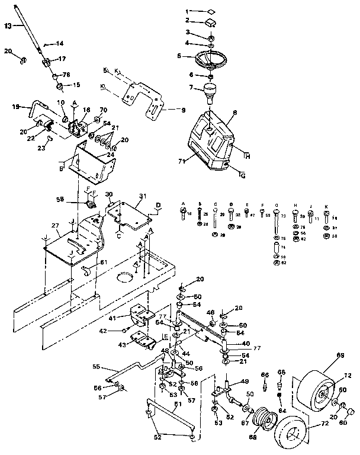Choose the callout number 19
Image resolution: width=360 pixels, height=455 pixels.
click(x=16, y=107)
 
